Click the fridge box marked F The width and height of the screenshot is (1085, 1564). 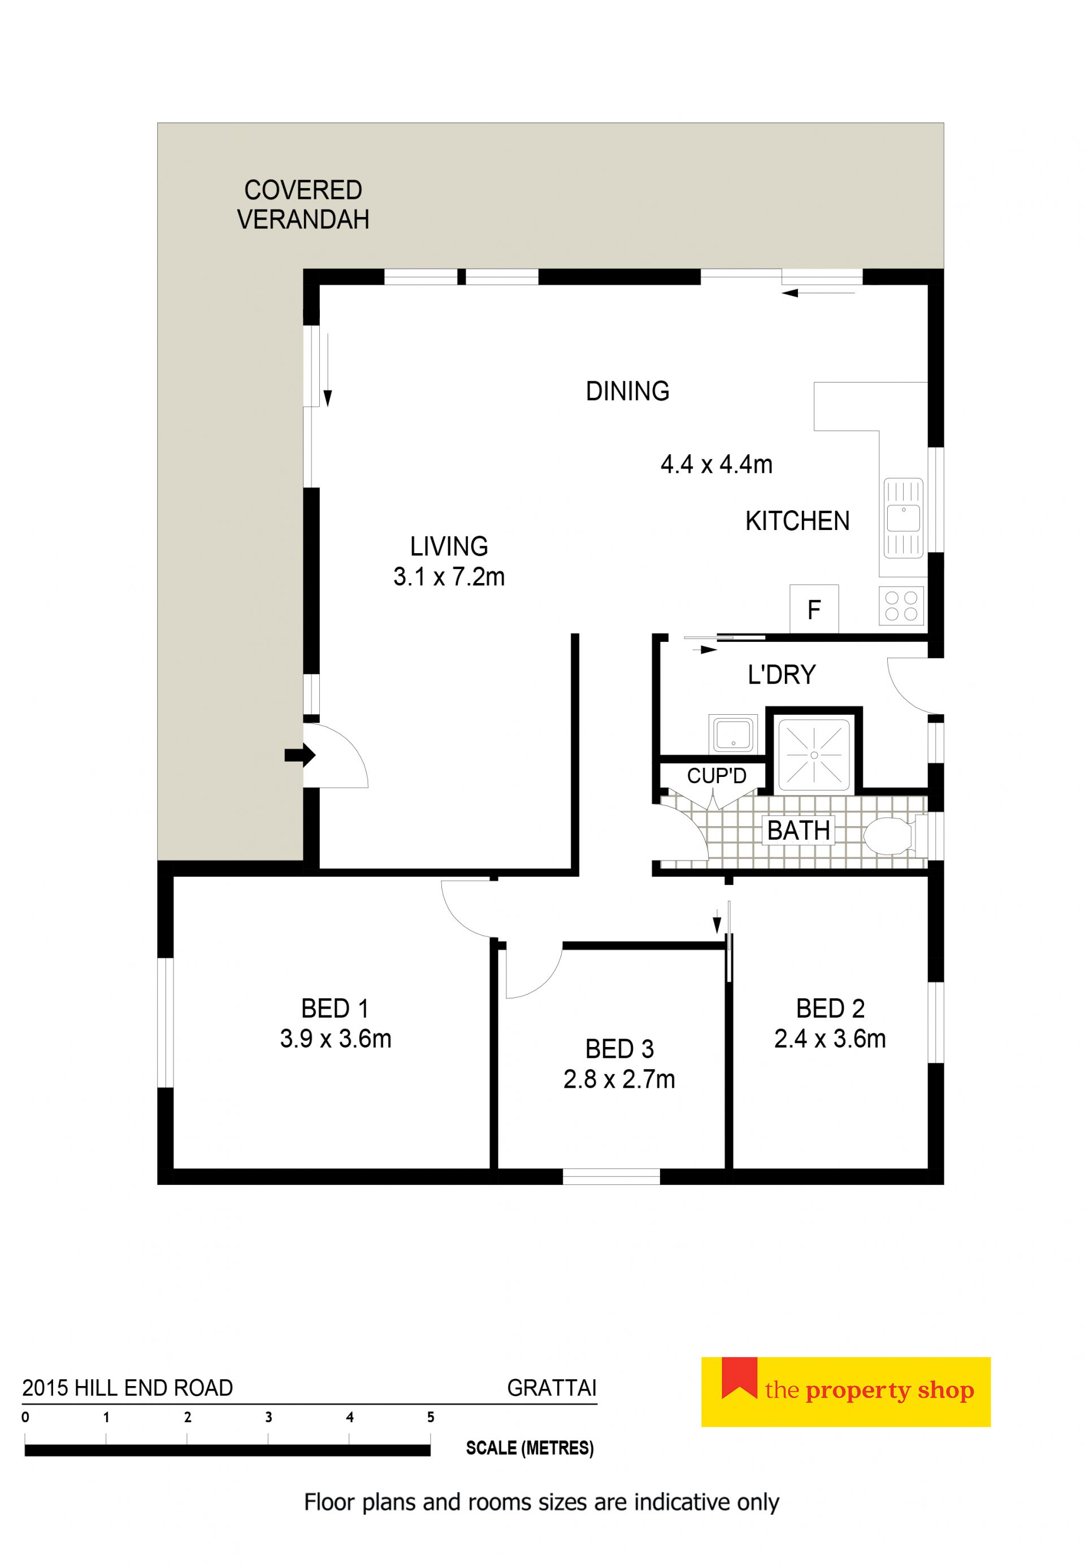click(814, 609)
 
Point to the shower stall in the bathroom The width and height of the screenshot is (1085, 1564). click(814, 755)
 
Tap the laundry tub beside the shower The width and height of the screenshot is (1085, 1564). click(733, 733)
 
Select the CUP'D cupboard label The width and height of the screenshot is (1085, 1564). click(717, 776)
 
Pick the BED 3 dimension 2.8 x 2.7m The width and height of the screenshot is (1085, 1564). click(619, 1079)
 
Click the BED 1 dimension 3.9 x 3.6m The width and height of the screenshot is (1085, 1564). click(335, 1039)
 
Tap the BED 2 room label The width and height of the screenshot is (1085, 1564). click(830, 1009)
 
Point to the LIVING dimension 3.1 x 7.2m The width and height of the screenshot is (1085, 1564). click(449, 577)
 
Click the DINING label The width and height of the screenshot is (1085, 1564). click(627, 392)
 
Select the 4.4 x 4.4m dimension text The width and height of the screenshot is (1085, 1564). click(717, 465)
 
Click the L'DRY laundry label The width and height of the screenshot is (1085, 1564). click(781, 675)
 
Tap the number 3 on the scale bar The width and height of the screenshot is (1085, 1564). click(268, 1417)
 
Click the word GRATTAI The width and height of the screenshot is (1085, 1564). click(552, 1387)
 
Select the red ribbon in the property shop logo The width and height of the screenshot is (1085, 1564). click(739, 1377)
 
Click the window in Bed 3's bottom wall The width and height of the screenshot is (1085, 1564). click(611, 1176)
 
